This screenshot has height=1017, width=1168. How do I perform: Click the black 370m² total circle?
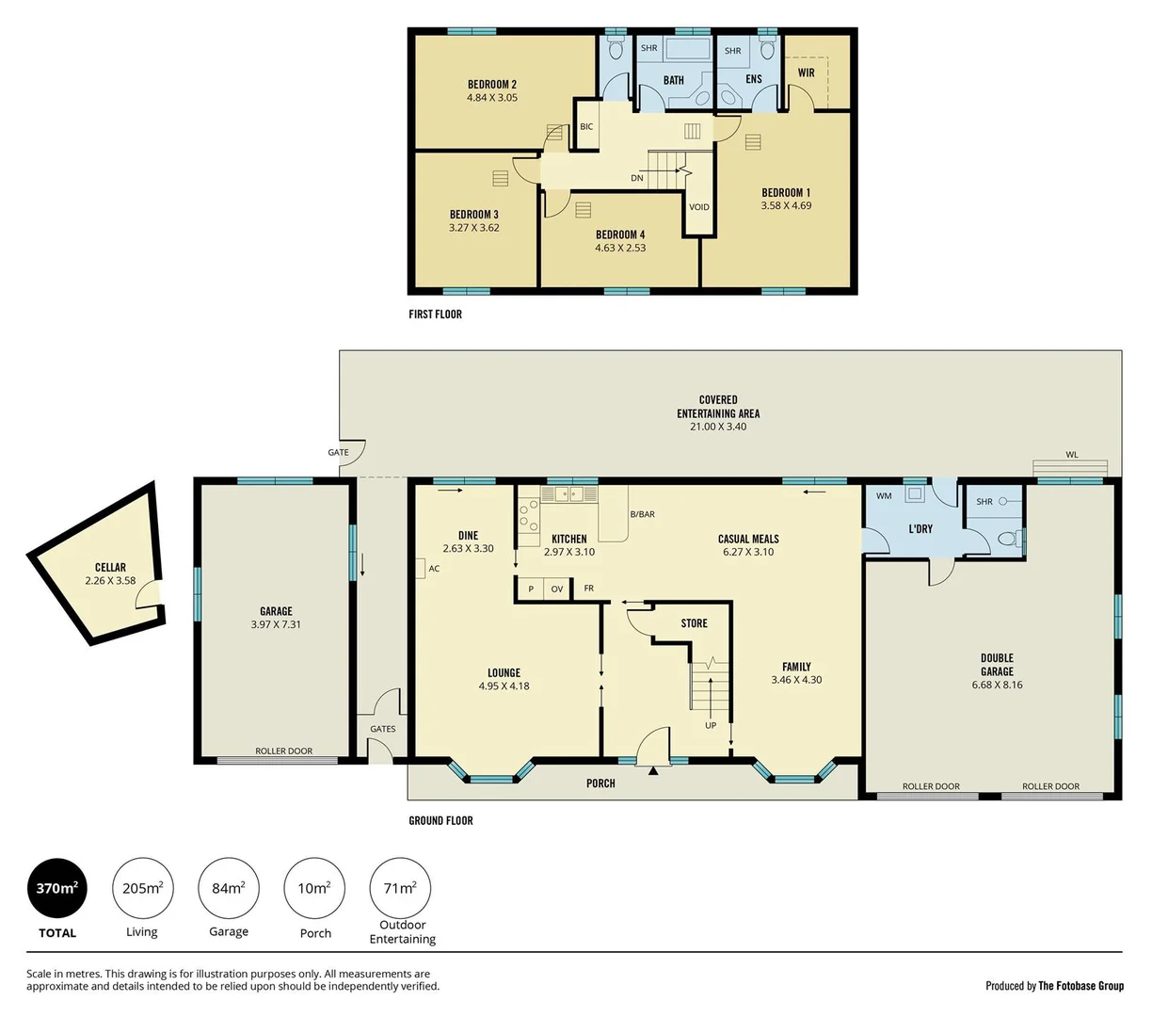(57, 888)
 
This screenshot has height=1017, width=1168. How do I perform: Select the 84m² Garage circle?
(229, 888)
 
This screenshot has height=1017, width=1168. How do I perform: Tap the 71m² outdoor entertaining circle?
(400, 888)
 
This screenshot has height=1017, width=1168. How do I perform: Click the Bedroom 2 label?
(492, 85)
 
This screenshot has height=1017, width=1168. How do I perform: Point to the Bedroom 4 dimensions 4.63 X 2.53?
(620, 249)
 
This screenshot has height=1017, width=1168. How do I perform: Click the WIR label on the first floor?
(807, 73)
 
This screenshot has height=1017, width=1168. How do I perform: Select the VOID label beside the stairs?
(699, 207)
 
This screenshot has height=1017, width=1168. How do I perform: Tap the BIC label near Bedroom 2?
(586, 127)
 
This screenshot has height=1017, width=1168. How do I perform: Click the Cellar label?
(110, 567)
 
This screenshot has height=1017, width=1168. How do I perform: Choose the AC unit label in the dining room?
(434, 569)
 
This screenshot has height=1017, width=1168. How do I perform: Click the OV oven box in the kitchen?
(557, 589)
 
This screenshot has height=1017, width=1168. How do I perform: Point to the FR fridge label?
(589, 589)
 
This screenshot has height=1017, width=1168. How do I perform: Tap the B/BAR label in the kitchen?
(643, 514)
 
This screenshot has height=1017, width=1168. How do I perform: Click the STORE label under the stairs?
(695, 623)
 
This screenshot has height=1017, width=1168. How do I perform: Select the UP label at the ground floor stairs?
(711, 725)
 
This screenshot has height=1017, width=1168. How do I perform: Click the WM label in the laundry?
(884, 496)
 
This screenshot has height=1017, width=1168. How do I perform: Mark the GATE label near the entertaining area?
(338, 453)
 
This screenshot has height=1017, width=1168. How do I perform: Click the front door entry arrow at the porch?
(653, 771)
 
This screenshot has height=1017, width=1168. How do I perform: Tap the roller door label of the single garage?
(283, 751)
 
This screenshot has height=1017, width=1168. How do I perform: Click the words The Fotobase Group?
(1080, 986)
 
